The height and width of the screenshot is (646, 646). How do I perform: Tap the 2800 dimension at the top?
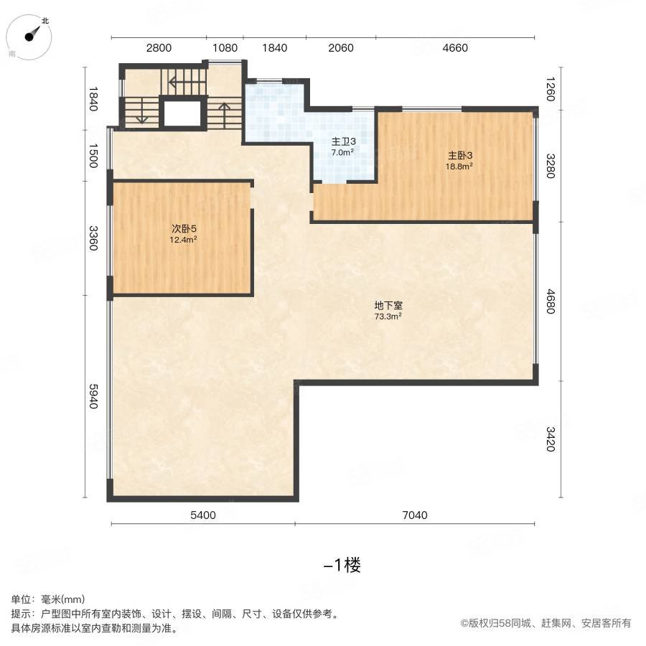(x=159, y=48)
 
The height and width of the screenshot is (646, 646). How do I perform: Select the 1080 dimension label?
(x=225, y=48)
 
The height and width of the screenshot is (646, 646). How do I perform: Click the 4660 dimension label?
(x=454, y=48)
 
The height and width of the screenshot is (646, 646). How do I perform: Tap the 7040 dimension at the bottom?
(x=415, y=515)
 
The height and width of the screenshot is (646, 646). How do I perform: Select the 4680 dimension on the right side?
(x=549, y=301)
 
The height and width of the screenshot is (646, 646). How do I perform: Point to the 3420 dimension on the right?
(x=549, y=439)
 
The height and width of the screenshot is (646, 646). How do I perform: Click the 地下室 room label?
(x=388, y=305)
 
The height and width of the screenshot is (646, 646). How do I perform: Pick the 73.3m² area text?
(x=388, y=316)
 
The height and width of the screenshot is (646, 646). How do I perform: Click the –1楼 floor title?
(x=342, y=565)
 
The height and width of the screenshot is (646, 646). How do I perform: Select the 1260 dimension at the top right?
(x=549, y=89)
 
